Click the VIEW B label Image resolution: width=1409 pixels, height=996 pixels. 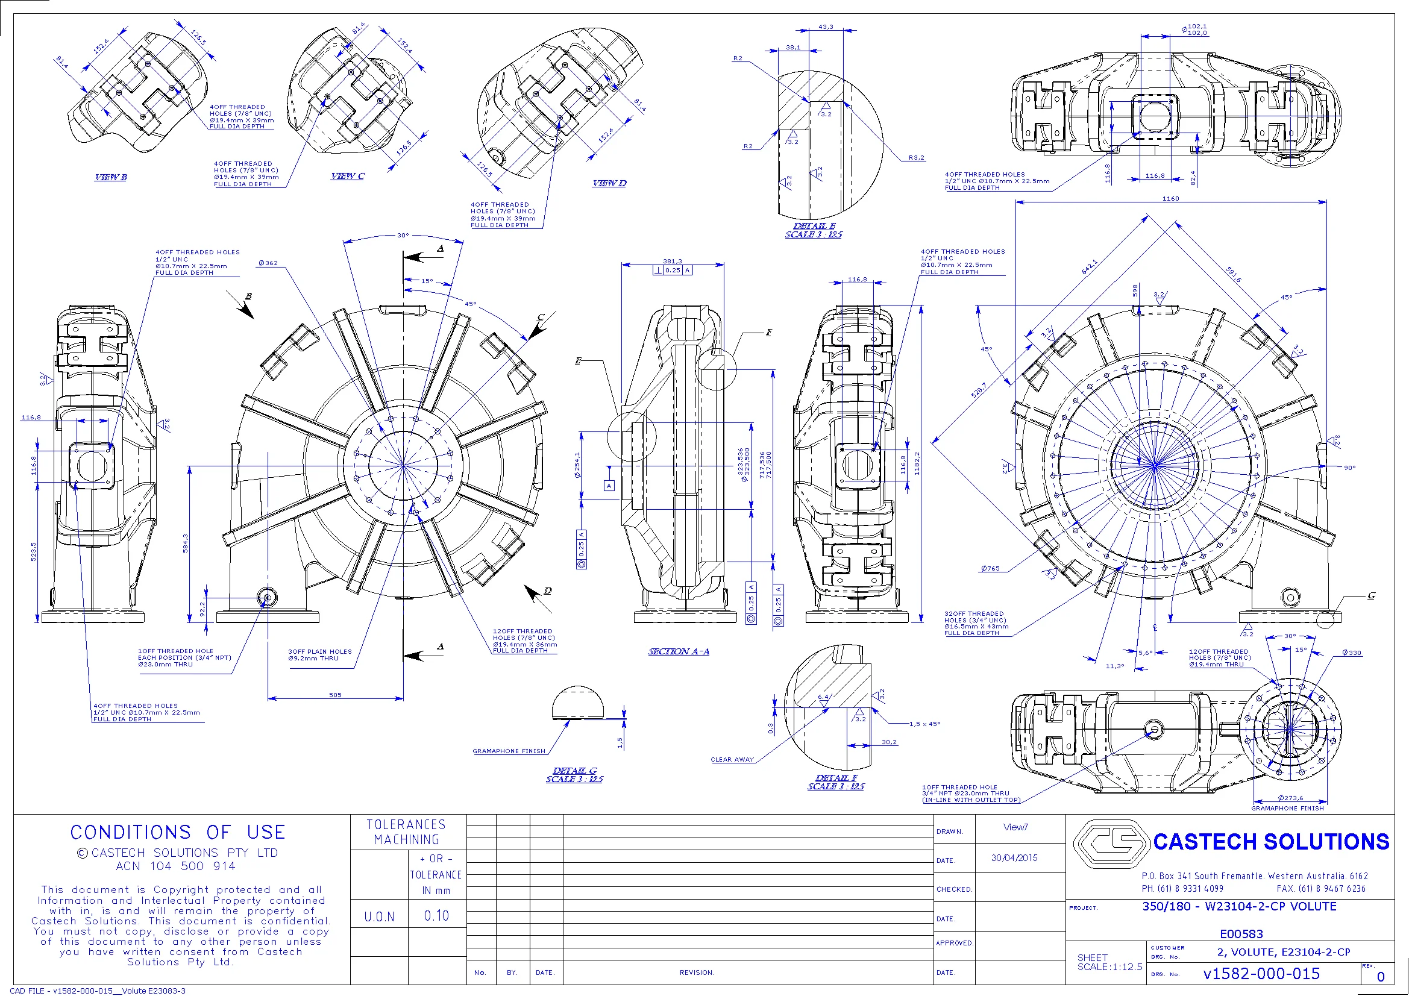(x=110, y=177)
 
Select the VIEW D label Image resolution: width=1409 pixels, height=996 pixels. (x=609, y=184)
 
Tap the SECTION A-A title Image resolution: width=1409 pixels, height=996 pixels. (x=679, y=652)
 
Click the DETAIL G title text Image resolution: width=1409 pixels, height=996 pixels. (x=574, y=771)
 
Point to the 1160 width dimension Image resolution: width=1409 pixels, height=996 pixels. (x=1170, y=199)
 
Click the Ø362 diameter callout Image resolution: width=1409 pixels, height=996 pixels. (x=268, y=263)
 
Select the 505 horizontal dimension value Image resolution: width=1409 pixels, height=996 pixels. (x=335, y=695)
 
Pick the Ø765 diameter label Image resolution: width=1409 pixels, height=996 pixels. (x=990, y=569)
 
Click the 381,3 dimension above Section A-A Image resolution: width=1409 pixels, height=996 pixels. (x=672, y=262)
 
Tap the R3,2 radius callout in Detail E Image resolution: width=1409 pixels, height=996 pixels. (x=916, y=158)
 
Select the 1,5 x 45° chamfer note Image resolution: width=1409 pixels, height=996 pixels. (x=924, y=724)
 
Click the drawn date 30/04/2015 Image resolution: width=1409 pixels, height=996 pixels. (x=1014, y=858)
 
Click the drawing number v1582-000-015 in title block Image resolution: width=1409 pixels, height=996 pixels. (x=1261, y=974)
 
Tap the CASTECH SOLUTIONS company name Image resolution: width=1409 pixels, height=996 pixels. (x=1271, y=842)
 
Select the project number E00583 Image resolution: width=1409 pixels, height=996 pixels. (x=1241, y=934)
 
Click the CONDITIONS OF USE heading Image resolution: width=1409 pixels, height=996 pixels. (x=178, y=833)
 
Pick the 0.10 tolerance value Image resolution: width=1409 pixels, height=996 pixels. (x=436, y=916)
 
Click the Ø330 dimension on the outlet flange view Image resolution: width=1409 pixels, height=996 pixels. (x=1351, y=653)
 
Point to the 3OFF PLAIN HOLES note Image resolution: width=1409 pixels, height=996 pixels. (x=320, y=652)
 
